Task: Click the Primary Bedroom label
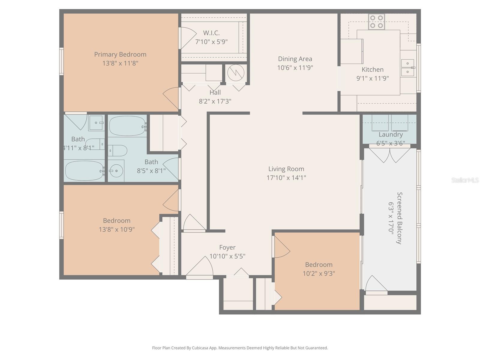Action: tap(120, 54)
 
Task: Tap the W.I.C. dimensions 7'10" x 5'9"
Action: tap(211, 42)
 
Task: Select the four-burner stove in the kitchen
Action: tap(376, 22)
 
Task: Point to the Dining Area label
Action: tap(295, 59)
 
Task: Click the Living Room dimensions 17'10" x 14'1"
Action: tap(286, 178)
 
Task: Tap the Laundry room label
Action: tap(390, 134)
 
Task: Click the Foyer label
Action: tap(227, 247)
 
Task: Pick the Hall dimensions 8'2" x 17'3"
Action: tap(215, 101)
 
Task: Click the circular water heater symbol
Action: tap(236, 73)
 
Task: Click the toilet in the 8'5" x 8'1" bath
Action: tap(118, 151)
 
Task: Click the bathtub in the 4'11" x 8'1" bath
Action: tap(85, 171)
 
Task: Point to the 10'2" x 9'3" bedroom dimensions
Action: tap(319, 274)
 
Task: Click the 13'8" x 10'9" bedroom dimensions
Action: tap(117, 229)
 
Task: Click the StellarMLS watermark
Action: tap(465, 180)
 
